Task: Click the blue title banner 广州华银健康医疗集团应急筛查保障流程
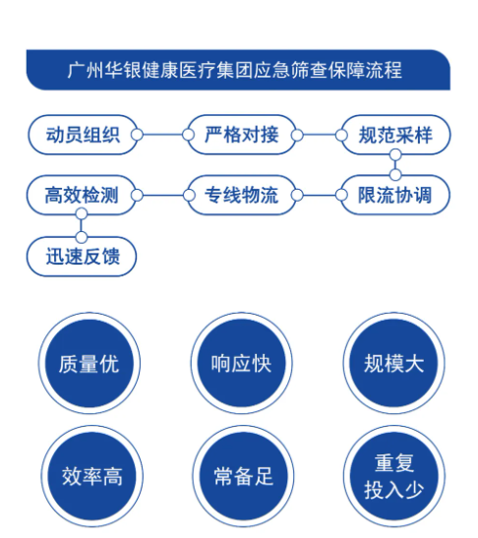238,70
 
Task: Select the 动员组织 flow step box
83,135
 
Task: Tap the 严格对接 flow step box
242,135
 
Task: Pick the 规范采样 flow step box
395,135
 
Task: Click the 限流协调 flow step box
395,195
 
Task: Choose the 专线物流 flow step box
242,195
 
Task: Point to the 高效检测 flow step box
82,195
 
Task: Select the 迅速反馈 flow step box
82,257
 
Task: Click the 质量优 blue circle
90,363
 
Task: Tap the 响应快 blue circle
242,363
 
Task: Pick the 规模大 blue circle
394,363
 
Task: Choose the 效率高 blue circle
92,476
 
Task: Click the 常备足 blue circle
243,476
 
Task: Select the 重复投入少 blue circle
394,476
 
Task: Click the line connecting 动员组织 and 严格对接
162,135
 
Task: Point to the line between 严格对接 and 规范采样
319,135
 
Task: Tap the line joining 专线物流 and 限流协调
319,195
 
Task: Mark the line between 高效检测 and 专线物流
162,195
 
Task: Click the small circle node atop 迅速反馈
82,237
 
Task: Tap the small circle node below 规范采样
395,155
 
